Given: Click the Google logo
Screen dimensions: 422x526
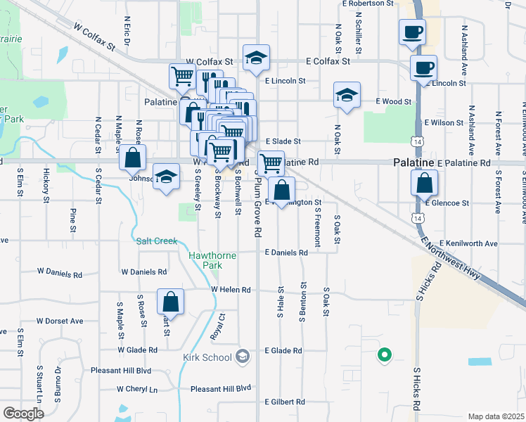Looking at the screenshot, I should (x=23, y=414).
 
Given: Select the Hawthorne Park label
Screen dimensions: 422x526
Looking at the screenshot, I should (x=205, y=260).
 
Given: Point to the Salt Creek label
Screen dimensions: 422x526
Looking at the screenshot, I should (x=157, y=241).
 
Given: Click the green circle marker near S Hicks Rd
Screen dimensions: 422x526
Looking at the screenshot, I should (x=384, y=355).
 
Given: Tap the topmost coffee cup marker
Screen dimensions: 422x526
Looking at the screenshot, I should (x=412, y=32).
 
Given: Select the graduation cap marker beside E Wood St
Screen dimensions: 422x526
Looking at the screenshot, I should (x=346, y=95).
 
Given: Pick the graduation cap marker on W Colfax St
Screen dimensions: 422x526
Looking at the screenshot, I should (x=256, y=58).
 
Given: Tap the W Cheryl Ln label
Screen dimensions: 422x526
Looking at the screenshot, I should (x=137, y=389).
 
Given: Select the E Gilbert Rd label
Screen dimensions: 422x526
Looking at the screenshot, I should (x=285, y=402).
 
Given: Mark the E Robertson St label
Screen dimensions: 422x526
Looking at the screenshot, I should (x=368, y=4).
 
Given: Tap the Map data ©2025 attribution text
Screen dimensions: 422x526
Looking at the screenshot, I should (x=496, y=416).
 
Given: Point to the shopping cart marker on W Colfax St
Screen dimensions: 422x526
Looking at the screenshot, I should (x=183, y=76).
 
